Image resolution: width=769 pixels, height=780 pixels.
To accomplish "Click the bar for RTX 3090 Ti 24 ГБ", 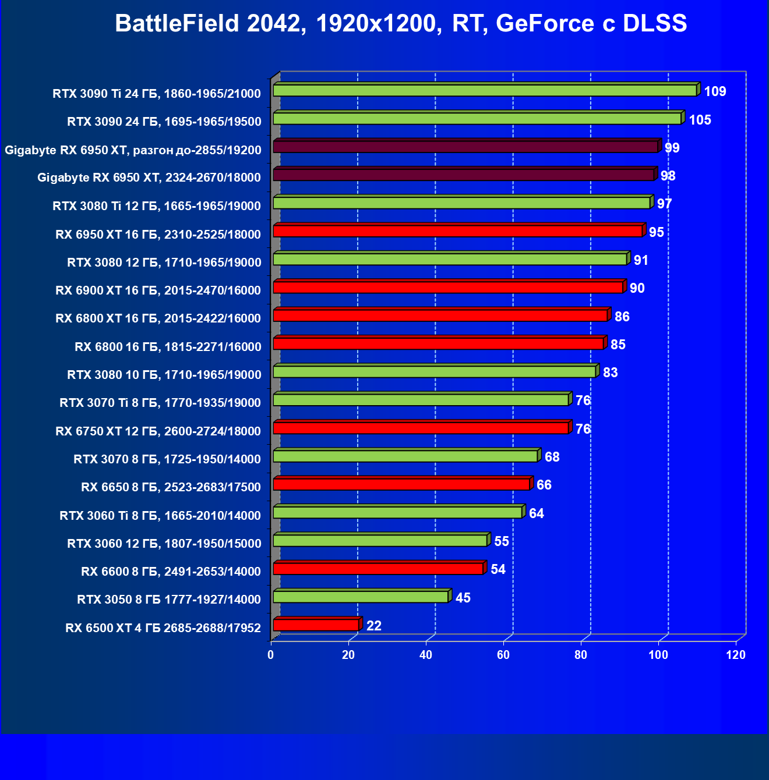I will click(x=485, y=91).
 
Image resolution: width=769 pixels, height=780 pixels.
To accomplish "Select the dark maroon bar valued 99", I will click(x=465, y=147).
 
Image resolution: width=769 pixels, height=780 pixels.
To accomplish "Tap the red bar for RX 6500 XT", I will click(x=316, y=625).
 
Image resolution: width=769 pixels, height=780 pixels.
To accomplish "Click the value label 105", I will click(x=700, y=120).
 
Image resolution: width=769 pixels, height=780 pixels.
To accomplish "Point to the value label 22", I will click(x=374, y=626).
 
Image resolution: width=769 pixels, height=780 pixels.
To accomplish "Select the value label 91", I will click(x=641, y=260).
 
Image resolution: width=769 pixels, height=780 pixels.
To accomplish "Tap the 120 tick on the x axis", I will click(x=736, y=655).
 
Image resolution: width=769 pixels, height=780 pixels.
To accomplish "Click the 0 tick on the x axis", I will click(x=271, y=655).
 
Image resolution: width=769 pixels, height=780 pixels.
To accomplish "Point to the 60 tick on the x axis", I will click(x=503, y=655).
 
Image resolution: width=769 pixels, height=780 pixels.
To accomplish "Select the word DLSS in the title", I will click(x=655, y=24).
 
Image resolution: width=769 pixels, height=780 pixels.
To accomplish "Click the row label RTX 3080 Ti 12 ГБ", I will click(x=157, y=206).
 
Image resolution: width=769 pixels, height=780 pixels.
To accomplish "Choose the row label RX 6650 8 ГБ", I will click(x=171, y=487).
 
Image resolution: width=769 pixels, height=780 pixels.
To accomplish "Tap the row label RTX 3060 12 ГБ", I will click(x=164, y=544).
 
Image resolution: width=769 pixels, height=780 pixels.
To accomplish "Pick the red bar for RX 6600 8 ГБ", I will click(x=378, y=569).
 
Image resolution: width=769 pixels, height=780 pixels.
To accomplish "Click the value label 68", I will click(x=552, y=457).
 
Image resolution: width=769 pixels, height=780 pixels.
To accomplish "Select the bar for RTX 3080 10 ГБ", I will click(x=435, y=372).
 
